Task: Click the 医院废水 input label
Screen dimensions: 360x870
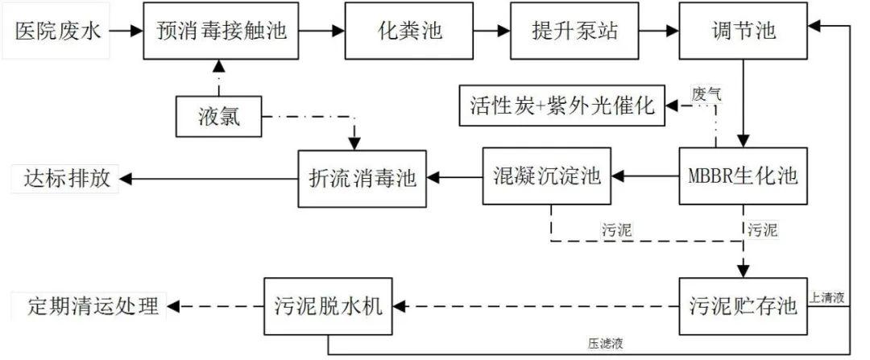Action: pyautogui.click(x=56, y=31)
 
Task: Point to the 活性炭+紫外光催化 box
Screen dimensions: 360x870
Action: pyautogui.click(x=562, y=106)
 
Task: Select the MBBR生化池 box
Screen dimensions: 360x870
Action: pyautogui.click(x=742, y=176)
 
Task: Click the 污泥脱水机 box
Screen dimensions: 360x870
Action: pyautogui.click(x=330, y=305)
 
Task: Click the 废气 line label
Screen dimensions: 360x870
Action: pyautogui.click(x=706, y=92)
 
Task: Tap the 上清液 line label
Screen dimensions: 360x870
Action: pyautogui.click(x=827, y=298)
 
